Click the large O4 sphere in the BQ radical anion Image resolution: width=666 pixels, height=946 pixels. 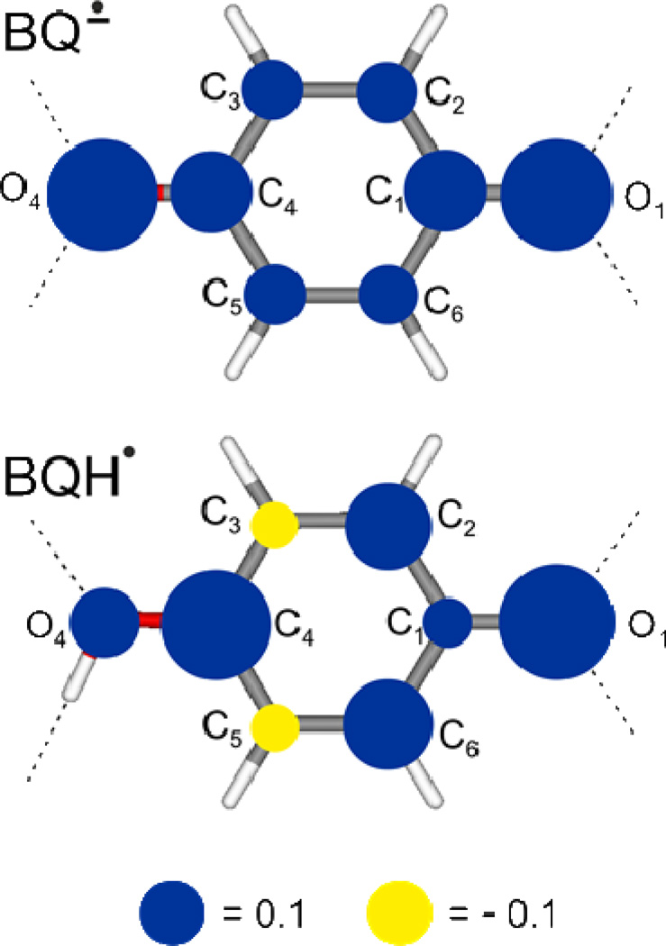(x=102, y=192)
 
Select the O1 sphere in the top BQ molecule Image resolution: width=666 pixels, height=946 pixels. (x=555, y=192)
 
